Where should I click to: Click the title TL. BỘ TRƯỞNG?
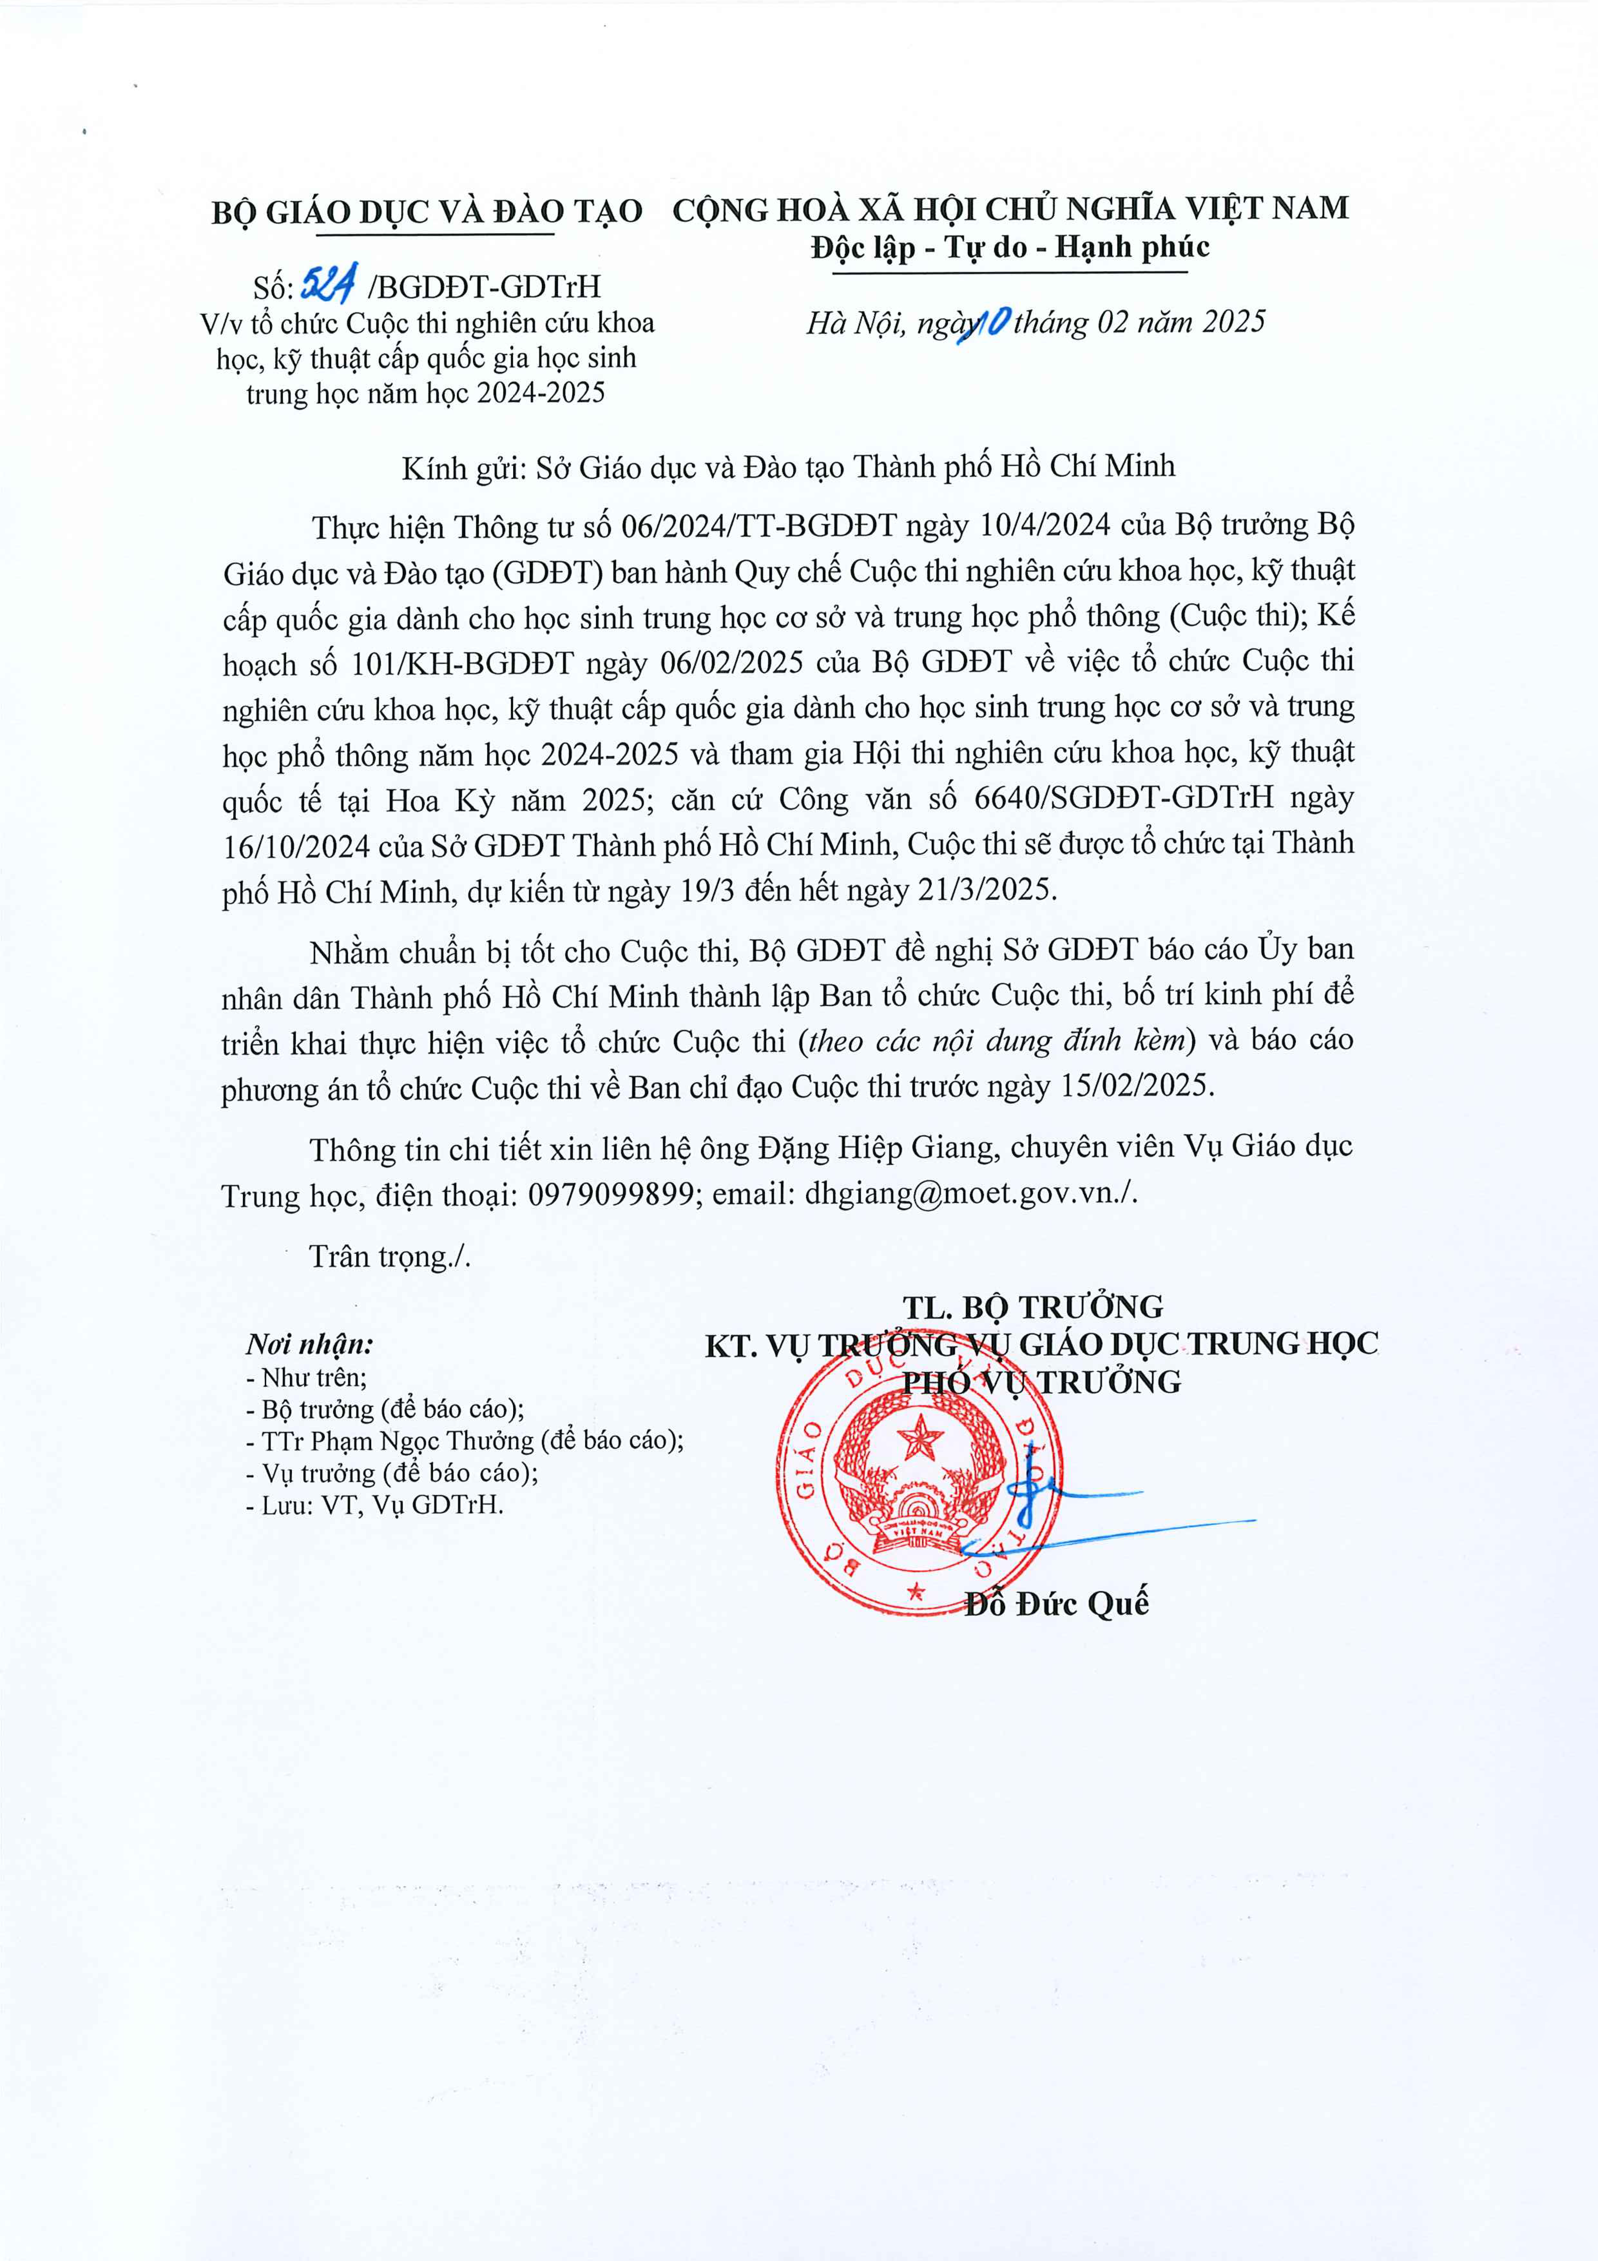1033,1307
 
